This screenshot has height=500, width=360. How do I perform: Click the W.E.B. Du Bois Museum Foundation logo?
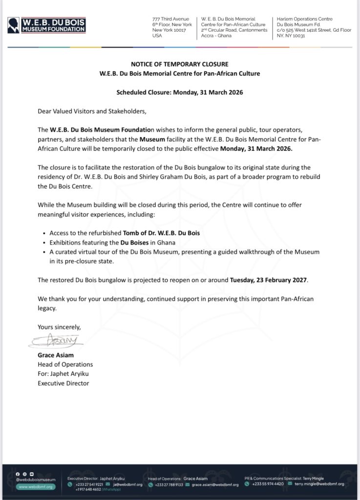coord(46,25)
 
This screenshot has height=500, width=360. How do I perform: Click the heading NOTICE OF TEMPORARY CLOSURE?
coord(179,64)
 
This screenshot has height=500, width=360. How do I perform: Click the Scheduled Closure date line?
coord(179,92)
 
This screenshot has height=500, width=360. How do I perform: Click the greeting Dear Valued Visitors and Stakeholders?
coord(92,111)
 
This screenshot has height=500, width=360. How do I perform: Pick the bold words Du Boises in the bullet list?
coord(135,242)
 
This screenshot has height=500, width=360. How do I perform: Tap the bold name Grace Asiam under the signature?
coord(56,355)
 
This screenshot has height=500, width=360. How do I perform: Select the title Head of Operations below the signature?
coord(65,364)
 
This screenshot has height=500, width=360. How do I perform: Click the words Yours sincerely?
coord(59,327)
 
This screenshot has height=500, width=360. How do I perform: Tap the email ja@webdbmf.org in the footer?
coord(127,484)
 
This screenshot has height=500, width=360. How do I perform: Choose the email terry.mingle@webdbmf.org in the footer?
coord(319,484)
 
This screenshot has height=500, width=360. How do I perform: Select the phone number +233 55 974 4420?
coord(268,484)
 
